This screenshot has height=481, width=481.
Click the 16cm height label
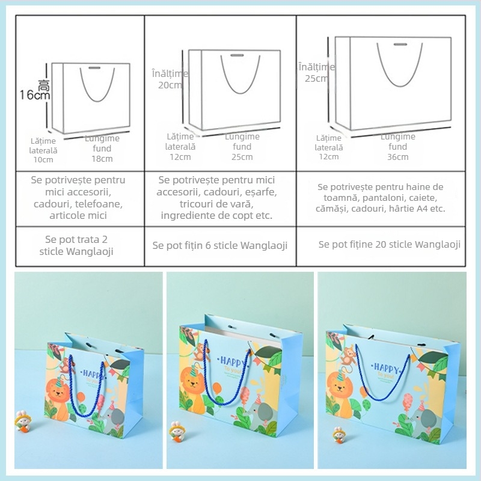click(x=34, y=94)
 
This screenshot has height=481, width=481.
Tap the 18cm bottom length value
click(x=102, y=159)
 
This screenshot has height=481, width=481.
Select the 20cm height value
click(x=170, y=85)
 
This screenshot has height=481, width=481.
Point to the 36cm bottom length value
click(x=397, y=157)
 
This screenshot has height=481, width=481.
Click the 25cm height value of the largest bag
click(x=316, y=78)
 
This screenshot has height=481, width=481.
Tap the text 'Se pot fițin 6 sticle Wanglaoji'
click(x=219, y=245)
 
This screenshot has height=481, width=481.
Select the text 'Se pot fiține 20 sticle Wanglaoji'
click(x=389, y=244)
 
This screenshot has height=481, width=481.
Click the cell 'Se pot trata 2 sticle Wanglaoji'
click(x=80, y=245)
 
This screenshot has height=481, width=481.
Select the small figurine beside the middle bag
click(x=177, y=430)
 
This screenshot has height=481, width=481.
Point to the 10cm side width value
click(x=43, y=159)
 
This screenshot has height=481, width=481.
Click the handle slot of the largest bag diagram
click(x=400, y=44)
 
